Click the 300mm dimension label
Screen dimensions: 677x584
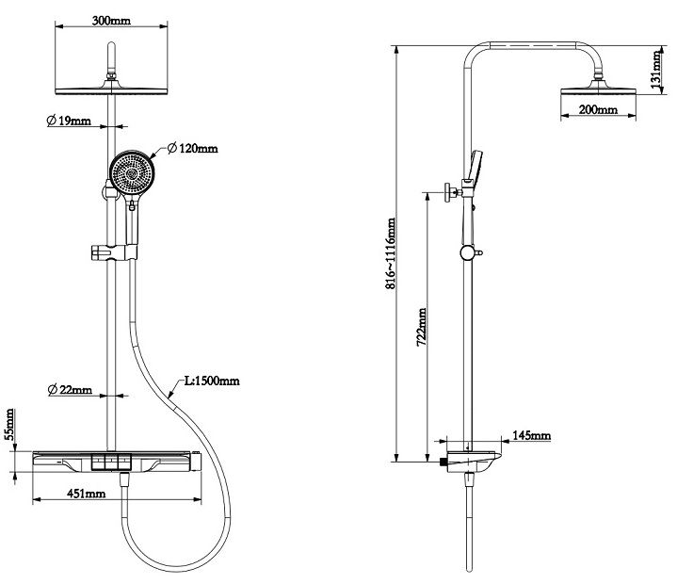(111, 21)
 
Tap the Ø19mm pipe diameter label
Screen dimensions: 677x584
(69, 121)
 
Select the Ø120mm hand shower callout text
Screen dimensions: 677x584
(193, 149)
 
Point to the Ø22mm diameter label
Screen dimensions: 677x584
(71, 390)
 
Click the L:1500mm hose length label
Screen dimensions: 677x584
(212, 381)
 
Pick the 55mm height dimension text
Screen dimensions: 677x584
(10, 425)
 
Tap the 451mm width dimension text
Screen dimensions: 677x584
(86, 494)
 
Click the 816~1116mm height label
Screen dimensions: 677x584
(391, 253)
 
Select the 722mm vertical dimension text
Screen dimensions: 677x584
(422, 327)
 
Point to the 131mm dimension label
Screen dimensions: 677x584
(656, 70)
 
